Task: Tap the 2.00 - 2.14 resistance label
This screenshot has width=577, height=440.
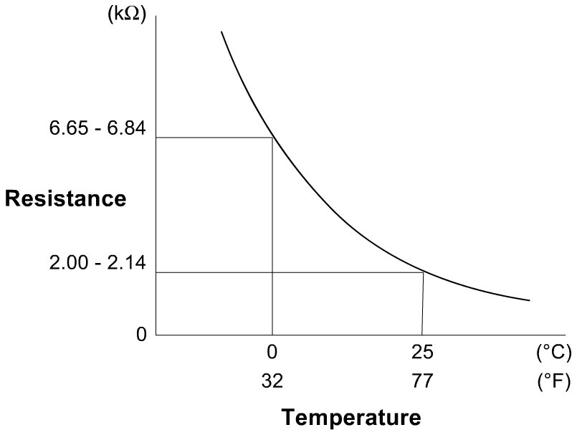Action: [97, 264]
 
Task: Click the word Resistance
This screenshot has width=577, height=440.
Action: [65, 199]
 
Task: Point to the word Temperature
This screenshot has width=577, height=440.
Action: [351, 416]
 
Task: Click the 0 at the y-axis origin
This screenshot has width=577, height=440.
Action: [141, 334]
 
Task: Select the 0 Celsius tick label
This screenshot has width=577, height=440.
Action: [272, 353]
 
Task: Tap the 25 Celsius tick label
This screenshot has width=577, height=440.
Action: [422, 353]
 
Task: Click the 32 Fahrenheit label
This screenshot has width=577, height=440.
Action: [272, 381]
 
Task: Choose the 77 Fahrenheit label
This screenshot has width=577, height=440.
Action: [422, 381]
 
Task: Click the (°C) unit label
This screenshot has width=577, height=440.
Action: [553, 353]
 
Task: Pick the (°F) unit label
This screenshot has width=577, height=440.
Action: [553, 381]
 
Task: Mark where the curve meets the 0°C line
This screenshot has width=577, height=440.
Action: [272, 137]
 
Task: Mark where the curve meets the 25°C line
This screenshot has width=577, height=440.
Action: [423, 272]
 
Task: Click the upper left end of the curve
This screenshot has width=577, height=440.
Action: [221, 32]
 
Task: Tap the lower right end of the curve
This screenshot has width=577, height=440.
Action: [529, 300]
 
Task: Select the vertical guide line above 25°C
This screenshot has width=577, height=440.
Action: [423, 305]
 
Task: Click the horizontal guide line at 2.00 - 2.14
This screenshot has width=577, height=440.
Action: [287, 272]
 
